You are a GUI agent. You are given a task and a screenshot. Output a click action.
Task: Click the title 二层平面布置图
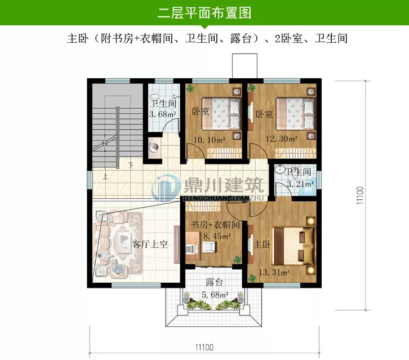(x=204, y=12)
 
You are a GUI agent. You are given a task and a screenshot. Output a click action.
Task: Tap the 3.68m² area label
(x=162, y=115)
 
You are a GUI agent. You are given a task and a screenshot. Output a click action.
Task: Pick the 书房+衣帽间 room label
(x=215, y=225)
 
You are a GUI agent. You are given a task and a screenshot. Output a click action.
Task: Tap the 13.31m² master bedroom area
(x=273, y=273)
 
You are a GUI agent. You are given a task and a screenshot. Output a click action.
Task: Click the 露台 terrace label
(x=215, y=282)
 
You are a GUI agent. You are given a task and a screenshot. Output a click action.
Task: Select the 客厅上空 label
(x=150, y=245)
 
